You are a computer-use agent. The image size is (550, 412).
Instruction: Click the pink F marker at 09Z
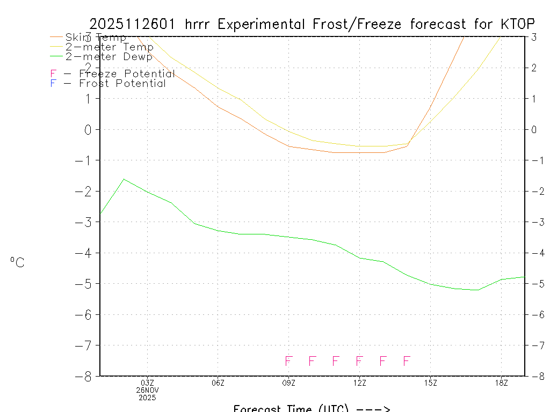pyautogui.click(x=288, y=360)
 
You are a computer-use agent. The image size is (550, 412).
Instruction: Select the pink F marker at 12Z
pyautogui.click(x=359, y=360)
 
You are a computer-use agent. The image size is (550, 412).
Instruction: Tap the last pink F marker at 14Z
pyautogui.click(x=407, y=360)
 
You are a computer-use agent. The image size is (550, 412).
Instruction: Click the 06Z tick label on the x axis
pyautogui.click(x=218, y=382)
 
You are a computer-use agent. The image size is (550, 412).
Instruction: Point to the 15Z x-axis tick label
pyautogui.click(x=430, y=382)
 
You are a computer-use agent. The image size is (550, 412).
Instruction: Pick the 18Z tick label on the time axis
pyautogui.click(x=501, y=382)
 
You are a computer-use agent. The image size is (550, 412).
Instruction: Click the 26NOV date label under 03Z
pyautogui.click(x=147, y=390)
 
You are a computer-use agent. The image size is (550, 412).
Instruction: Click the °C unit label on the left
pyautogui.click(x=17, y=262)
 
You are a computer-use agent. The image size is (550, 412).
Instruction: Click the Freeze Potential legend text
pyautogui.click(x=127, y=73)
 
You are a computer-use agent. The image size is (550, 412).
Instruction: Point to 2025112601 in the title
pyautogui.click(x=134, y=24)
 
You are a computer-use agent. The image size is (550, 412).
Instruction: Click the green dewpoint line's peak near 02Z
pyautogui.click(x=124, y=179)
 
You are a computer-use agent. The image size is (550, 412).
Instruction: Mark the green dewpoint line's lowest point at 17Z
pyautogui.click(x=477, y=290)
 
